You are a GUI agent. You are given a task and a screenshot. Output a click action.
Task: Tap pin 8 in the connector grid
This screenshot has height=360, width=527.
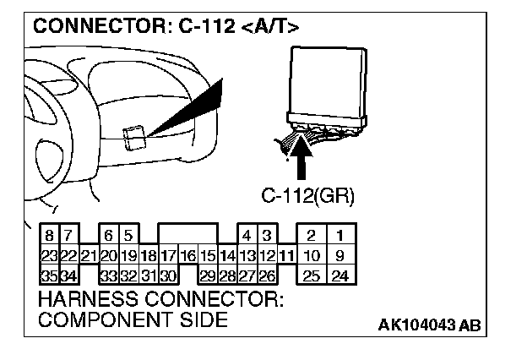(51, 234)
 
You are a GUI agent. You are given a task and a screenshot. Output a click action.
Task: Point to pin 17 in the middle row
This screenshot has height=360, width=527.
(167, 254)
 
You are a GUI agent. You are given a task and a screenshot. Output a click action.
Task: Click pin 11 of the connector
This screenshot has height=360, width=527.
(287, 254)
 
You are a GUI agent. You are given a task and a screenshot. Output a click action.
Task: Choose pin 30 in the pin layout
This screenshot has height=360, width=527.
(167, 275)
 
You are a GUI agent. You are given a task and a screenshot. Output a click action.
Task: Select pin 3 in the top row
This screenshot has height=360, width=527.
(267, 234)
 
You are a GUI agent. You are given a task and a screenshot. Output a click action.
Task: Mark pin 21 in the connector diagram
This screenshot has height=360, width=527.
(89, 254)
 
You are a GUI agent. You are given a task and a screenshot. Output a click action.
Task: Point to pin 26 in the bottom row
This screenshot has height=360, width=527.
(267, 275)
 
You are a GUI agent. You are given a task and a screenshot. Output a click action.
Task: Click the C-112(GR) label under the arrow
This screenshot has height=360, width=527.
(307, 197)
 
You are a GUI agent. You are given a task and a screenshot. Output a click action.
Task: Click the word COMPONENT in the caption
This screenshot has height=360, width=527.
(101, 319)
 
